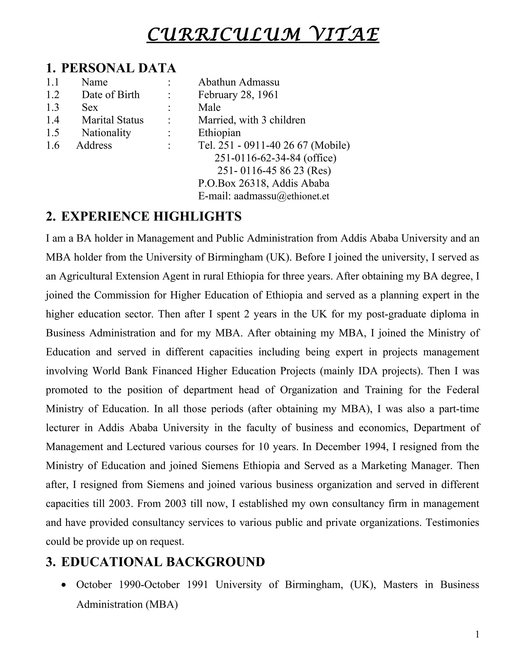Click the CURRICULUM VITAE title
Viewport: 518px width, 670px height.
pos(263,34)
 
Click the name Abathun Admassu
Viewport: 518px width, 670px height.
pos(239,82)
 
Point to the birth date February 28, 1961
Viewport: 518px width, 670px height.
pos(238,95)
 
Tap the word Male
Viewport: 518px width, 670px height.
pos(209,107)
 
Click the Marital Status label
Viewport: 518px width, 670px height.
pos(112,120)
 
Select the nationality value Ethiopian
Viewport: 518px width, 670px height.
pos(219,132)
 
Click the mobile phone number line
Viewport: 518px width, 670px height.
pos(274,145)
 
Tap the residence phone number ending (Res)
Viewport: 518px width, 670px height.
pos(274,171)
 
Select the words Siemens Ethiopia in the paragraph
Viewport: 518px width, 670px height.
pos(241,466)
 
